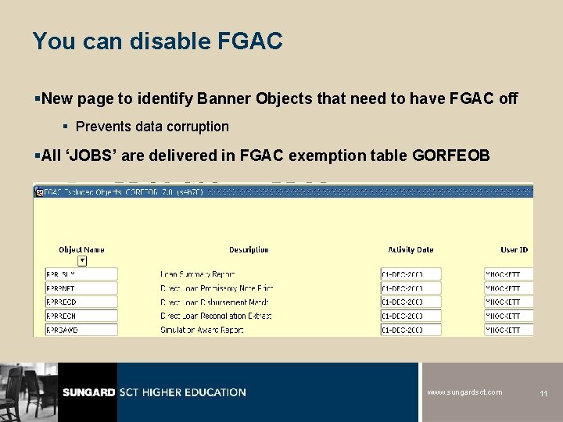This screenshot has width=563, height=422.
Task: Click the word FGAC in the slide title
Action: point(252,41)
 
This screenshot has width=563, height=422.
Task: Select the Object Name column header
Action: point(81,250)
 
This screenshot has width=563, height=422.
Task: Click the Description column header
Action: point(249,250)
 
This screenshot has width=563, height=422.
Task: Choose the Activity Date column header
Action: point(411,250)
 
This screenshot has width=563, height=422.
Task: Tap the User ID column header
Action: point(514,250)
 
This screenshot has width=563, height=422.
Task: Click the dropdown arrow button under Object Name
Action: point(82,261)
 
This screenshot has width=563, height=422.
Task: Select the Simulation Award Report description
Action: point(202,330)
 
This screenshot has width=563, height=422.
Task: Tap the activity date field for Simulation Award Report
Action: point(411,330)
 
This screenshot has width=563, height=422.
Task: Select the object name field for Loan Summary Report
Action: point(81,274)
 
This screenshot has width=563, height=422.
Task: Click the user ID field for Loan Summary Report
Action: point(508,274)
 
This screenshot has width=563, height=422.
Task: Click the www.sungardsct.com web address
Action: point(464,392)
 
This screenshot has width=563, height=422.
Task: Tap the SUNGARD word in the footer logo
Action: point(89,392)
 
